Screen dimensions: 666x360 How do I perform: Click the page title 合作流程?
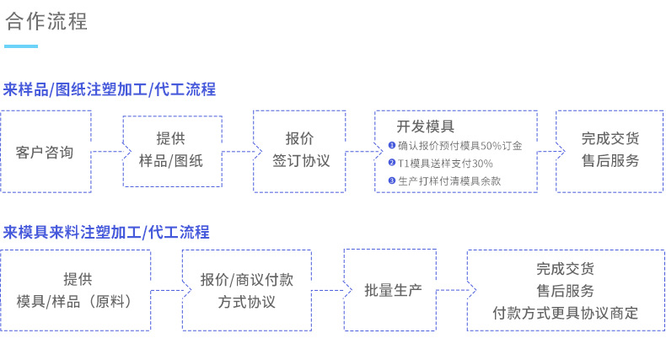click(46, 21)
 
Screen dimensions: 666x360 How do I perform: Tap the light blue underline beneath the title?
click(21, 46)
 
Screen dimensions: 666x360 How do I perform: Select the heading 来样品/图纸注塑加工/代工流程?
click(110, 89)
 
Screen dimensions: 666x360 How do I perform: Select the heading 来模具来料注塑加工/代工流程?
click(106, 232)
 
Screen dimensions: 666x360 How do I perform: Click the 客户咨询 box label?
click(45, 153)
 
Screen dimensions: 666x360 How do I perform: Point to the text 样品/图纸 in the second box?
click(171, 161)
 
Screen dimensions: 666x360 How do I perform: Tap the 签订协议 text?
click(301, 161)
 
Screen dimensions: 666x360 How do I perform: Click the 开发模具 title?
click(425, 126)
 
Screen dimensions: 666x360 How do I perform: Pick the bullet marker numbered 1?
click(392, 145)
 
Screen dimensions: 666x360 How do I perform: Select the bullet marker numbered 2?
click(392, 163)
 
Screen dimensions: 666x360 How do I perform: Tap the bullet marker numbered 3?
click(392, 180)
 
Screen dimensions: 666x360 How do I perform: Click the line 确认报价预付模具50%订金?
click(460, 146)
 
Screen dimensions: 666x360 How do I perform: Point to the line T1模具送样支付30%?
click(445, 164)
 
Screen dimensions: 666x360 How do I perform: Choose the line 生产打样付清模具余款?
click(449, 181)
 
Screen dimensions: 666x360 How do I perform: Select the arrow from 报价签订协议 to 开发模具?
click(364, 152)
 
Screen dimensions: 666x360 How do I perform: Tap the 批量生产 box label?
click(393, 290)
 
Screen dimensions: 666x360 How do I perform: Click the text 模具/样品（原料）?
click(76, 302)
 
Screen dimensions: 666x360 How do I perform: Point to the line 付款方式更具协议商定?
click(566, 314)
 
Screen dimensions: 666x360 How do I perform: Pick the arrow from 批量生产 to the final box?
click(456, 290)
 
